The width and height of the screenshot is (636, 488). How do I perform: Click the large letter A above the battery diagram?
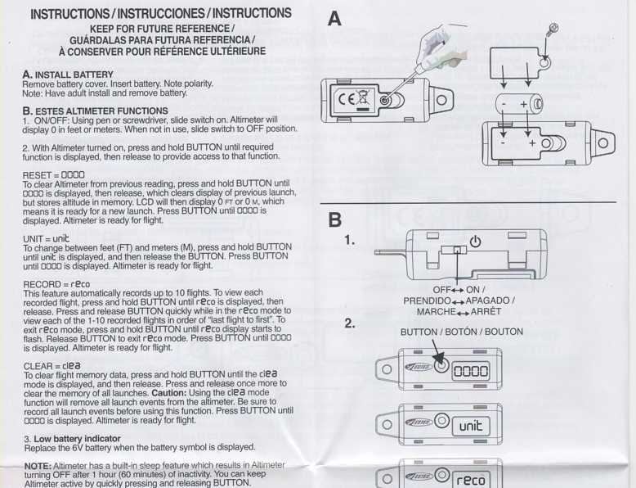334,17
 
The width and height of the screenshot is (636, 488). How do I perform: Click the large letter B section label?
334,219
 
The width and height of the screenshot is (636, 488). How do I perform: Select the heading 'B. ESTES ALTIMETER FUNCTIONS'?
96,111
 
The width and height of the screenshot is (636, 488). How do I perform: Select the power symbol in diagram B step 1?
476,242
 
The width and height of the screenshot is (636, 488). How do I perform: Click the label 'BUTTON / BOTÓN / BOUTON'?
461,332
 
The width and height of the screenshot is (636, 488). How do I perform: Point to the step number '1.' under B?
350,241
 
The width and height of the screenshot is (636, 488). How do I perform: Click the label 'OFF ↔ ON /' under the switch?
459,289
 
